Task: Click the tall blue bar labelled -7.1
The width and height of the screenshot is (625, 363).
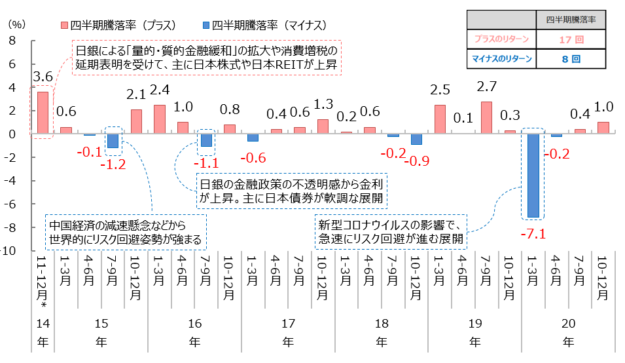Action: (533, 175)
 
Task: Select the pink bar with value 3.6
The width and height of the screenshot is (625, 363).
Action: (43, 113)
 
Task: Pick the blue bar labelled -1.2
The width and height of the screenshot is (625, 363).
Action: (113, 140)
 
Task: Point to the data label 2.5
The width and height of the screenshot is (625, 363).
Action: (440, 90)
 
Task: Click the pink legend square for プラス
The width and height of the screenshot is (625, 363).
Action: (64, 25)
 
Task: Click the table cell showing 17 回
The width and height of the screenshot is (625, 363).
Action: (566, 39)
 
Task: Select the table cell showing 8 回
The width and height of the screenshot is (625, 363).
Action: (566, 60)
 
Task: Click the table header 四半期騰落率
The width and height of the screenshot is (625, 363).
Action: (566, 20)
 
